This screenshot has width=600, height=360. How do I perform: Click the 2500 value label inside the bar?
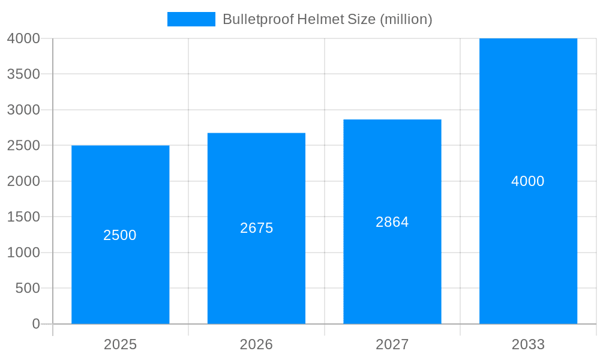pyautogui.click(x=120, y=235)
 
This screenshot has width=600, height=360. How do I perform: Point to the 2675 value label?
pyautogui.click(x=256, y=228)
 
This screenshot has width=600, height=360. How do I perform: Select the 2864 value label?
pyautogui.click(x=392, y=222)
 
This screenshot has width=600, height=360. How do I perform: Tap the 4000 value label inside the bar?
pyautogui.click(x=528, y=181)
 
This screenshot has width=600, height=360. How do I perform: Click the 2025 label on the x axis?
pyautogui.click(x=120, y=344)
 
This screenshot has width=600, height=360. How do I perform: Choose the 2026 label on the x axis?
pyautogui.click(x=256, y=344)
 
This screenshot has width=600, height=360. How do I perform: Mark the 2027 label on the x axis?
pyautogui.click(x=392, y=344)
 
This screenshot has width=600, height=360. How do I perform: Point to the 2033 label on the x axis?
pyautogui.click(x=528, y=344)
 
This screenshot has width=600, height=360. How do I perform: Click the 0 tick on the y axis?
pyautogui.click(x=35, y=324)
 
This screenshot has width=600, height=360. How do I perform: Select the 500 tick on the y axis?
pyautogui.click(x=27, y=289)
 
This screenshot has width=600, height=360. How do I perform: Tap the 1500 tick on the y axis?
pyautogui.click(x=23, y=217)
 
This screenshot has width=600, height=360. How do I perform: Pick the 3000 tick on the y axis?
pyautogui.click(x=23, y=110)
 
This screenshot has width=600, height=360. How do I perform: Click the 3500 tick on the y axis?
pyautogui.click(x=23, y=74)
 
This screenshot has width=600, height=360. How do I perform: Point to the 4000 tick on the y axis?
pyautogui.click(x=23, y=38)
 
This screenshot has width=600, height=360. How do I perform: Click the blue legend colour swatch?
pyautogui.click(x=191, y=19)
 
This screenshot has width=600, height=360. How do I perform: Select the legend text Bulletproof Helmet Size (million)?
pyautogui.click(x=327, y=19)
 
